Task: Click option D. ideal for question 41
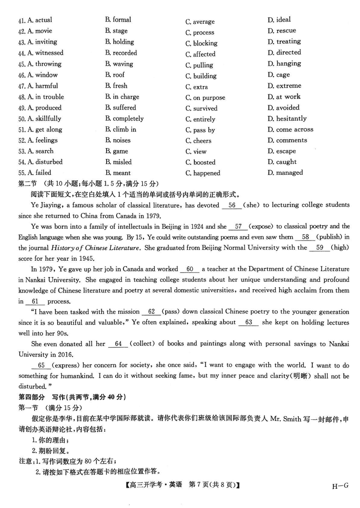pos(279,20)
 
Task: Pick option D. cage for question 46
pos(279,75)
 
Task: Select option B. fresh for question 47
pos(117,86)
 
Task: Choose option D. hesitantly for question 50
pos(287,118)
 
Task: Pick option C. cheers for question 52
pos(198,141)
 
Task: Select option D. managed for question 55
pos(285,172)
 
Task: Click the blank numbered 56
pos(232,205)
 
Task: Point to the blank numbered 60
pos(189,269)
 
